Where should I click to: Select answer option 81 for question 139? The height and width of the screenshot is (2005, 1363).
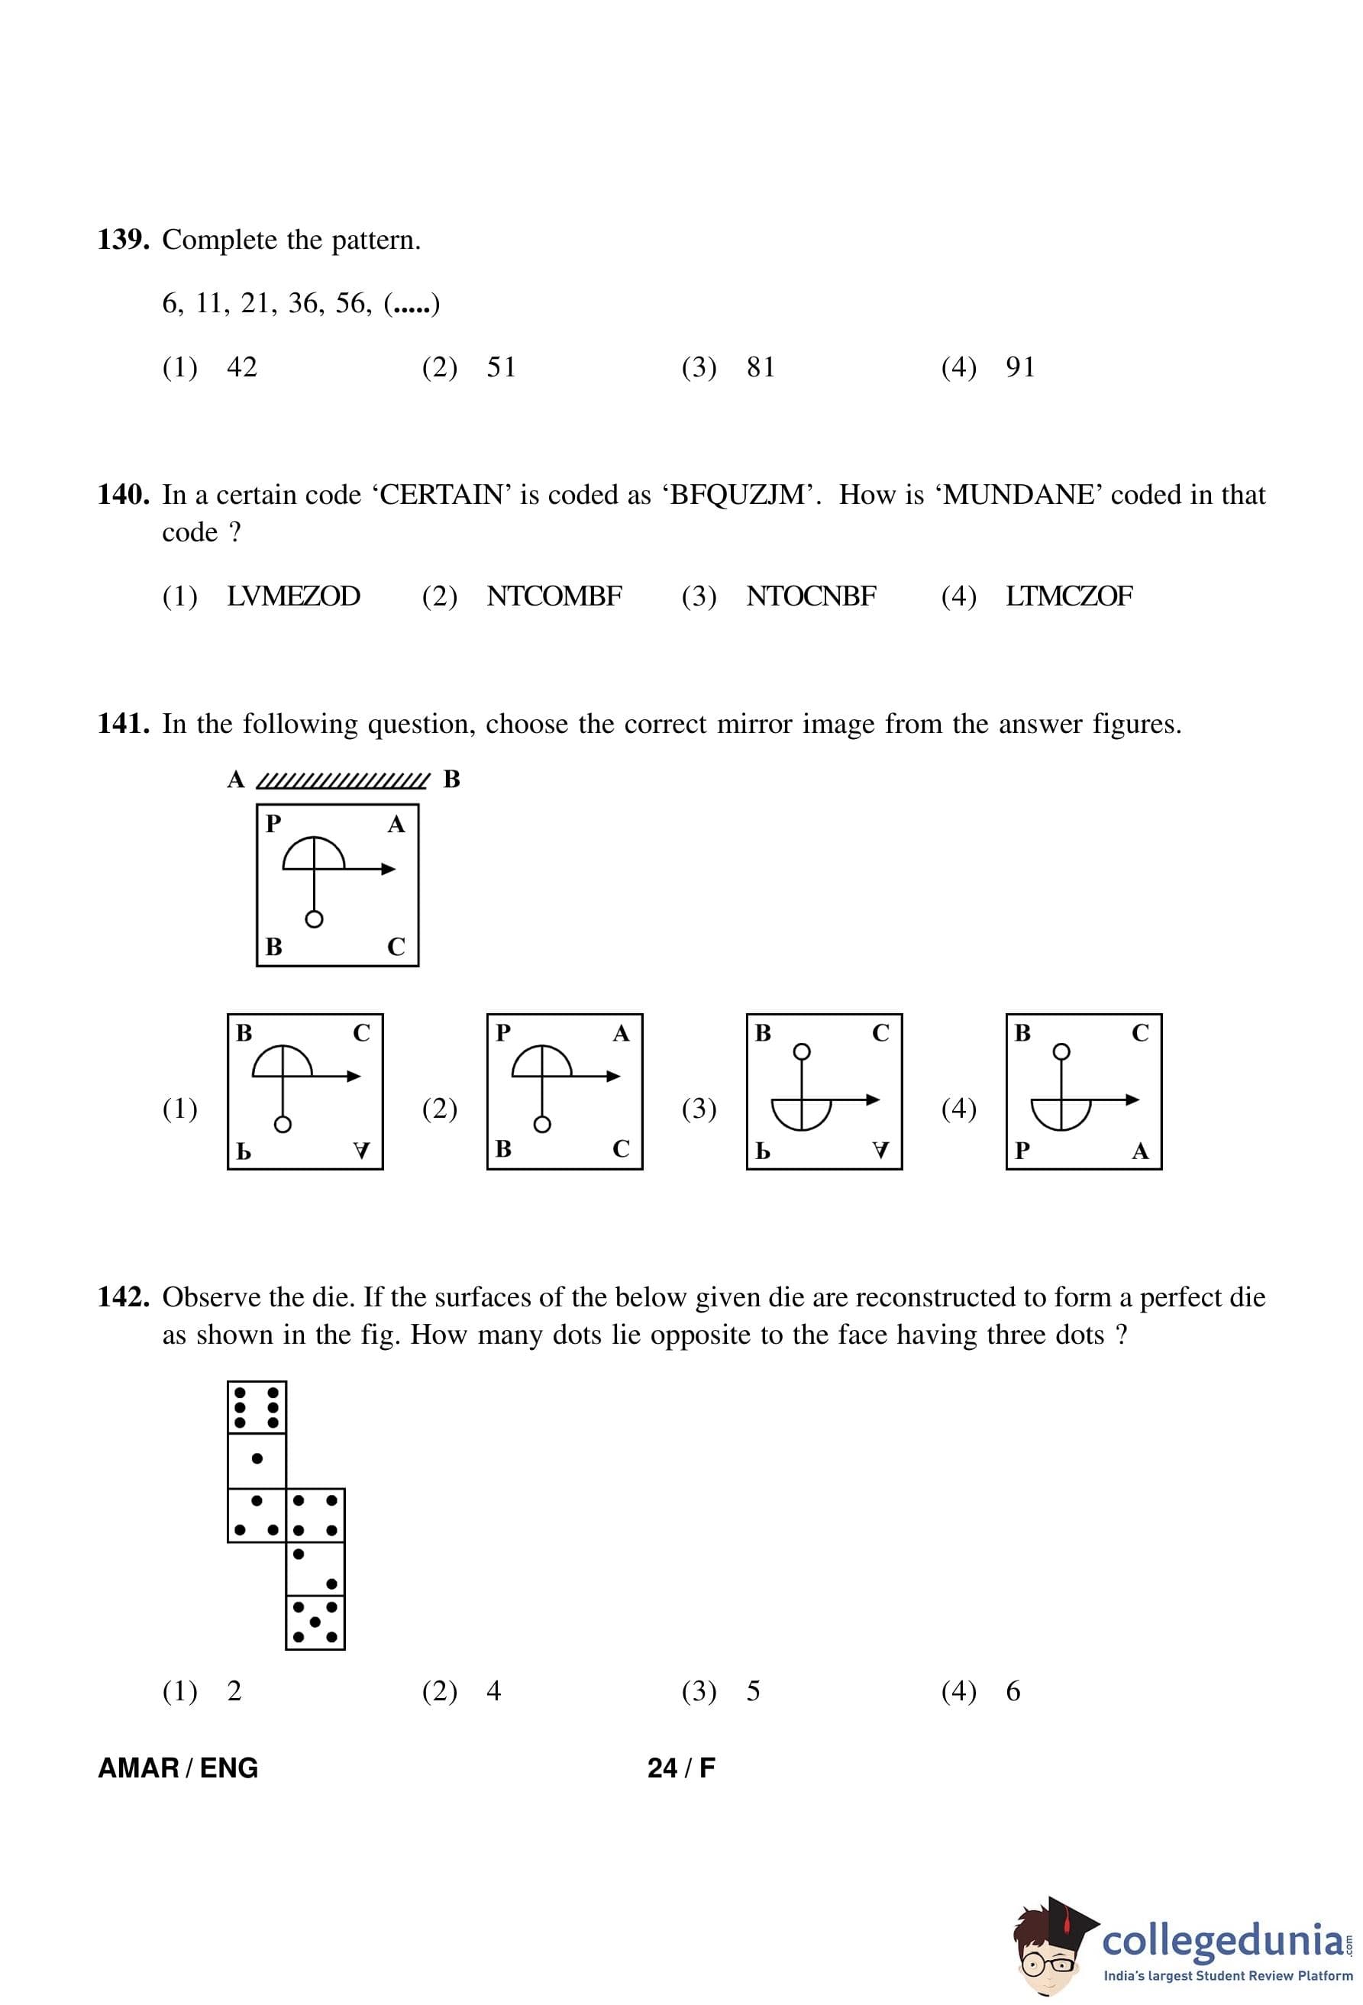(760, 367)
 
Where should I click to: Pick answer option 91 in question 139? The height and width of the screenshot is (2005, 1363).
(1019, 367)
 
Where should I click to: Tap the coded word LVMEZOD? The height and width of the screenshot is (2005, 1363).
(293, 596)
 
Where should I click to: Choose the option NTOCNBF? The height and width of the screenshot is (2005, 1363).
(811, 596)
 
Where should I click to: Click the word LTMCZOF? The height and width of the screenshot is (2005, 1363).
(1069, 596)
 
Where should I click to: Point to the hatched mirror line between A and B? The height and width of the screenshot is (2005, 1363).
(343, 780)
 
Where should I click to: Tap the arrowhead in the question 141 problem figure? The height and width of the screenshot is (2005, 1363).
(389, 869)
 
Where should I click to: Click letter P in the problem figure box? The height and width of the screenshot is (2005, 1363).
(273, 824)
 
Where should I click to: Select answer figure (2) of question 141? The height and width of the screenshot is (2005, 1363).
(564, 1091)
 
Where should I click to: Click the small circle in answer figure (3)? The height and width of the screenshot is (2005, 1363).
(802, 1051)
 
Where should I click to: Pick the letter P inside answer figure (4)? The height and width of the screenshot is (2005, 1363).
(1022, 1150)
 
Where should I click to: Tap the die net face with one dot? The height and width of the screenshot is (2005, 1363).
(257, 1459)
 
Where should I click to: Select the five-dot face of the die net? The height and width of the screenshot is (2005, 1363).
(315, 1622)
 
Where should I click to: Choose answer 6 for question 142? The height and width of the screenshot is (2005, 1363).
(1013, 1691)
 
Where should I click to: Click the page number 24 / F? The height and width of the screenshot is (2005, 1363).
(680, 1768)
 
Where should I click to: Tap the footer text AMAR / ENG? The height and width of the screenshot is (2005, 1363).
(178, 1768)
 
